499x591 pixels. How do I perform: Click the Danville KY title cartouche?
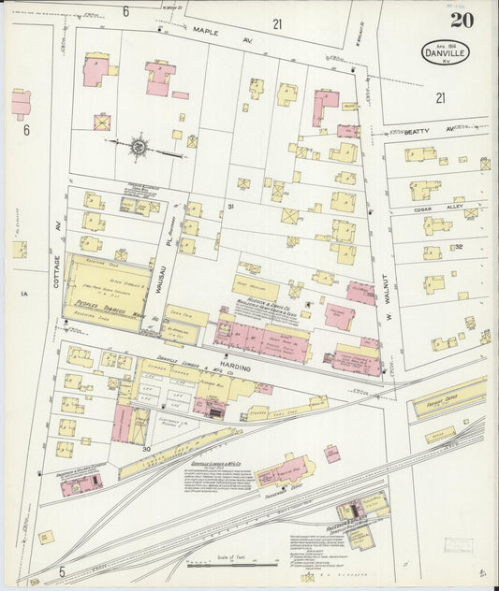445,52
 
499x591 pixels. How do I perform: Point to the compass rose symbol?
139,146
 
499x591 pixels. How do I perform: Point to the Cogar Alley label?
430,210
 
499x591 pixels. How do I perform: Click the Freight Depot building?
449,396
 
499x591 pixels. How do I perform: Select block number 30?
146,450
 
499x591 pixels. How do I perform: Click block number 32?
459,247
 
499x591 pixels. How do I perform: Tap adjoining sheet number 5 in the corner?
63,569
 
